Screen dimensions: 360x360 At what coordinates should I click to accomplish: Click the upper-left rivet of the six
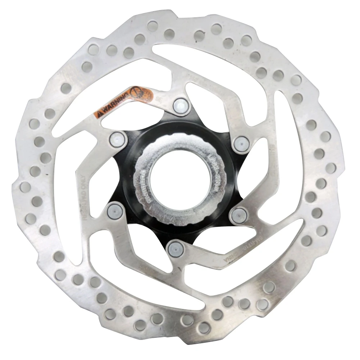[x=117, y=139]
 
